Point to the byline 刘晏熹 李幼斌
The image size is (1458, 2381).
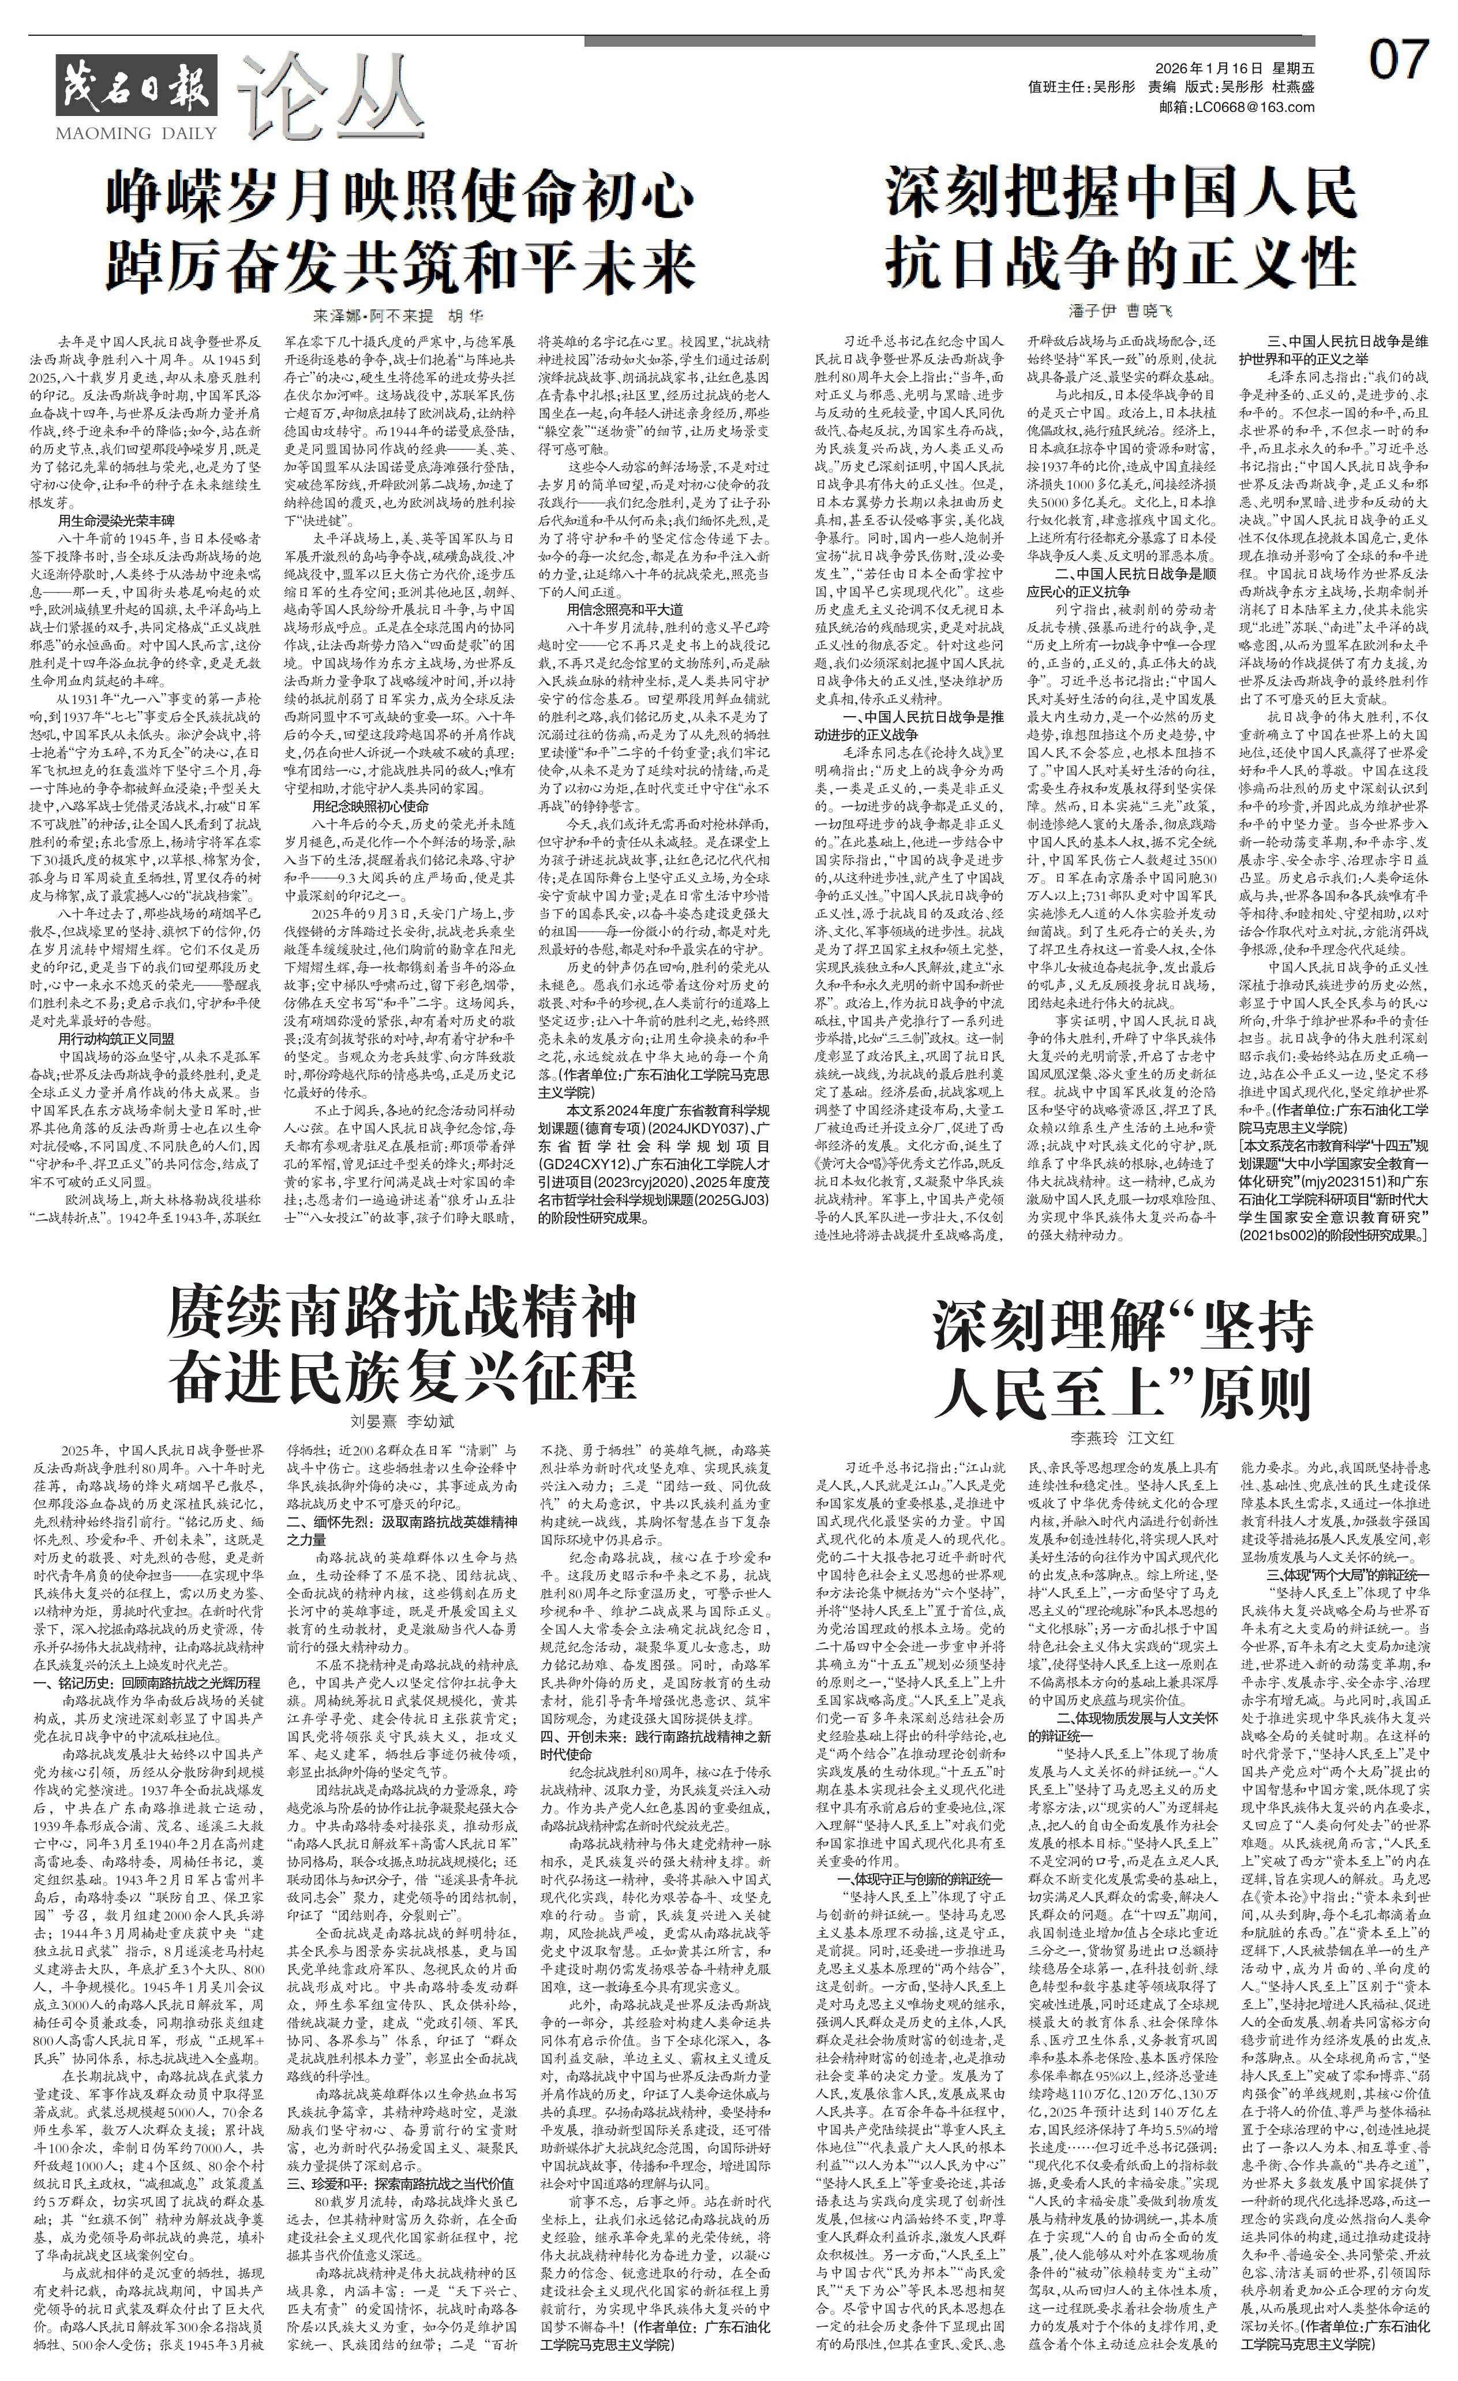click(x=401, y=1421)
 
